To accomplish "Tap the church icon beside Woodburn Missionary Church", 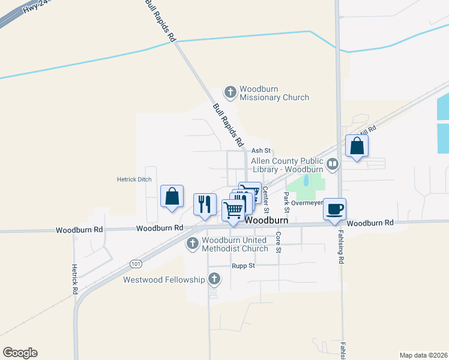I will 230,92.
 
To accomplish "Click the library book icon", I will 333,163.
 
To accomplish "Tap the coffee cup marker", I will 334,209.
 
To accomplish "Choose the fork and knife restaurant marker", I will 205,204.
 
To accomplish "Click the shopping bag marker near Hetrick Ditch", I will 172,196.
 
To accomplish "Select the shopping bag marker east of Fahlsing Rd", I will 357,146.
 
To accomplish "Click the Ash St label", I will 261,151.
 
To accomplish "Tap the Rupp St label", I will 243,265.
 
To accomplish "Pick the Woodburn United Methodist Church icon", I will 193,244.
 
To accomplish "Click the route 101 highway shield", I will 136,263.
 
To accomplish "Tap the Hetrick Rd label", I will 75,279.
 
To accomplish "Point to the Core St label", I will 278,241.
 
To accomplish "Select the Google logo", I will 20,353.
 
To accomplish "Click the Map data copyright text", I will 423,355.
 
